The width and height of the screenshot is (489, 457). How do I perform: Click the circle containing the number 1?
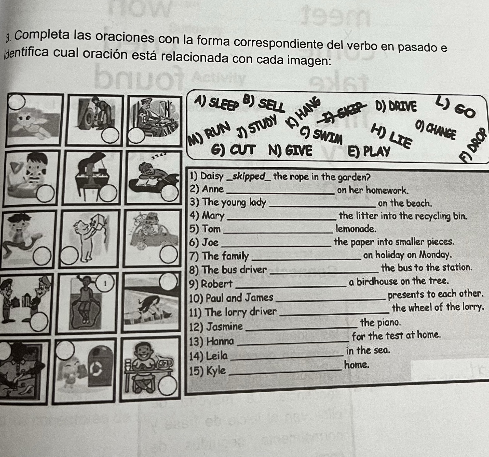105,283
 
